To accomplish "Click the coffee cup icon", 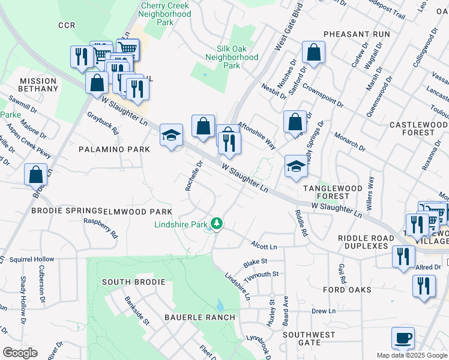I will click(x=403, y=337).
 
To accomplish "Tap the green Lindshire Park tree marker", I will click(x=216, y=224).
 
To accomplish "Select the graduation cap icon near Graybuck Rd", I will click(x=171, y=136).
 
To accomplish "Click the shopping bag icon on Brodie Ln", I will click(x=35, y=175).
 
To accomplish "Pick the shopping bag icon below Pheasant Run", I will click(x=313, y=53).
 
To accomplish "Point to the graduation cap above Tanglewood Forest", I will click(x=296, y=167).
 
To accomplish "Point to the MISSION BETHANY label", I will click(x=39, y=85).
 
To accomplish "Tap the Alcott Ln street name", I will click(x=265, y=247).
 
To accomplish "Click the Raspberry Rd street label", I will click(x=99, y=224).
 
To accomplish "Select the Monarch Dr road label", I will click(x=350, y=142).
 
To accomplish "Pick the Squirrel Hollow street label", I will click(x=28, y=259).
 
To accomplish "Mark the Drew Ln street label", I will click(x=323, y=311).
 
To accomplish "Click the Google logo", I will click(x=20, y=353).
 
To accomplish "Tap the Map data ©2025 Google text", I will click(x=411, y=355).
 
